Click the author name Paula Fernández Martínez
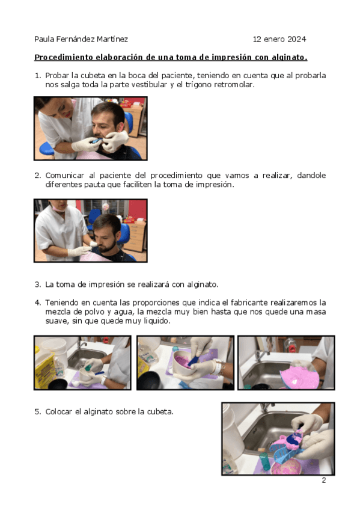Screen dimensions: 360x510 (x=81, y=39)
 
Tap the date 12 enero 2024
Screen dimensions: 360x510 (x=279, y=39)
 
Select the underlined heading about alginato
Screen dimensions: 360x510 (x=171, y=58)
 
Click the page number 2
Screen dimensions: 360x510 (x=323, y=481)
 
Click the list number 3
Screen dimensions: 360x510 (x=38, y=284)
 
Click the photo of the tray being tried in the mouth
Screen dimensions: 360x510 (x=91, y=129)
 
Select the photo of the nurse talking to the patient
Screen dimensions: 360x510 (x=91, y=230)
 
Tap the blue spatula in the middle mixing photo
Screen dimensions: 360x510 (x=194, y=360)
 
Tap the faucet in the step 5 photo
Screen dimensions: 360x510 (x=266, y=408)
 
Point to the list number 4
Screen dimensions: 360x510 (x=38, y=303)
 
